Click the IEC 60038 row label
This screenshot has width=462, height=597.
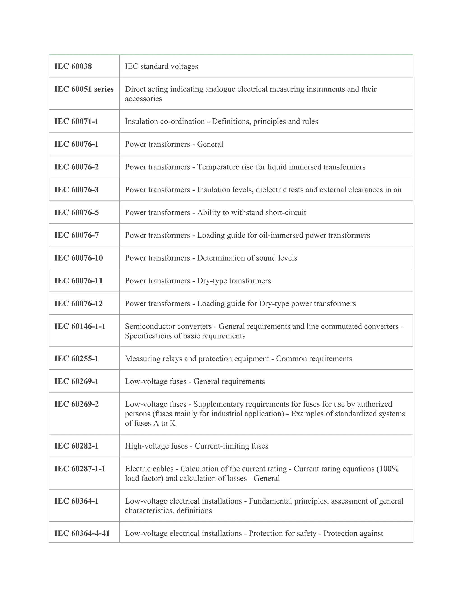click(73, 66)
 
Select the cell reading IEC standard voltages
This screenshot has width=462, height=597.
click(162, 66)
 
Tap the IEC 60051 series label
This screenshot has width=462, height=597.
click(84, 89)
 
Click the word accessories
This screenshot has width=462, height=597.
click(143, 99)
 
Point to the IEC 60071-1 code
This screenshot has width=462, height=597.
click(76, 121)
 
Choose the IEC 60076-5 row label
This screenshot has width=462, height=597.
click(76, 212)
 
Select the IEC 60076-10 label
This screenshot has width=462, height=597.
click(79, 258)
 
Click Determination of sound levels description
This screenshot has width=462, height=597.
click(247, 258)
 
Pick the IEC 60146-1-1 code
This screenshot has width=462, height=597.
click(80, 326)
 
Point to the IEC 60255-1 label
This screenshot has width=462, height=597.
click(76, 358)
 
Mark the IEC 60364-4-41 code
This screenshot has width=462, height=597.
click(82, 533)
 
